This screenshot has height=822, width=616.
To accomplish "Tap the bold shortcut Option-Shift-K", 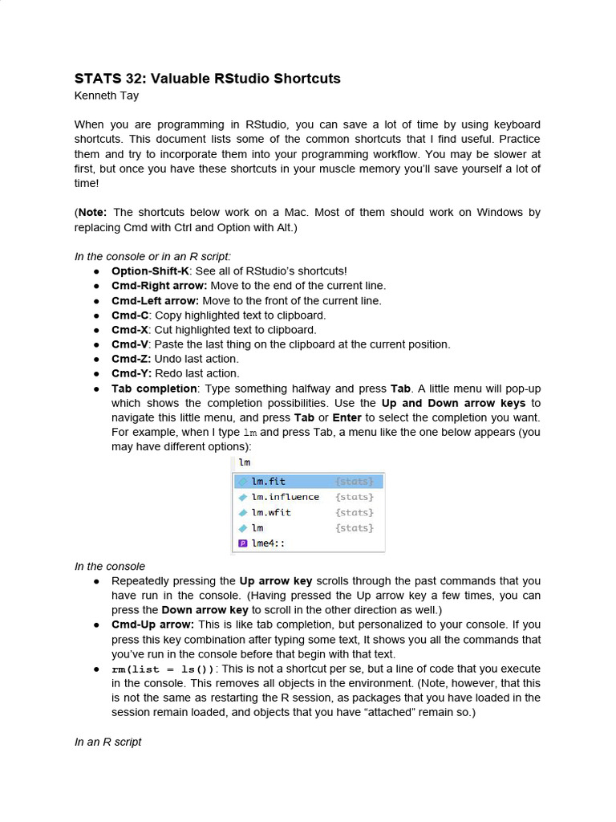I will pos(150,271).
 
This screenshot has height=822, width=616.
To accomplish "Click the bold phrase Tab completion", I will pos(153,389).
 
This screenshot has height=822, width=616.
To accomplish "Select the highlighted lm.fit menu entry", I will pos(268,482).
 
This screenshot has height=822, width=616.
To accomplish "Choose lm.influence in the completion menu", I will pos(285,497).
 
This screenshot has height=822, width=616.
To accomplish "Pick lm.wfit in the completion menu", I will pos(270,512).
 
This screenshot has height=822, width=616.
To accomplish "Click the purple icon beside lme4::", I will pos(243,543).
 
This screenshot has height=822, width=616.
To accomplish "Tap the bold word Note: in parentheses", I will pos(94,213).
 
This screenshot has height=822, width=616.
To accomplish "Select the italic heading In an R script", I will pos(108,742).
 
